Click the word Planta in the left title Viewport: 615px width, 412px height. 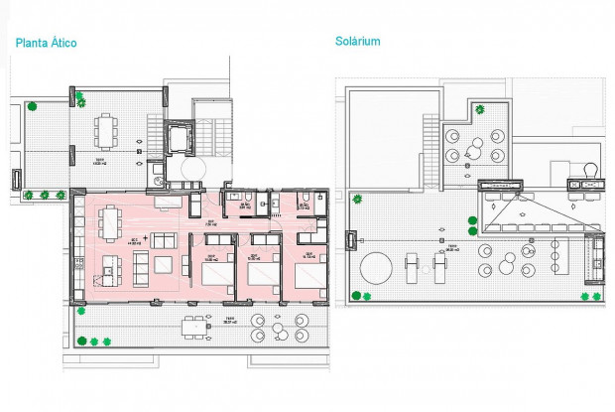click(x=31, y=44)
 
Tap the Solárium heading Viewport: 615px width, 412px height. click(x=358, y=42)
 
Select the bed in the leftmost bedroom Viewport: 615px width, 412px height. click(x=216, y=273)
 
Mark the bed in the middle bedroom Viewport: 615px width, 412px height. click(x=264, y=273)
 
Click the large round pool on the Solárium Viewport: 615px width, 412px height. click(x=376, y=267)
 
